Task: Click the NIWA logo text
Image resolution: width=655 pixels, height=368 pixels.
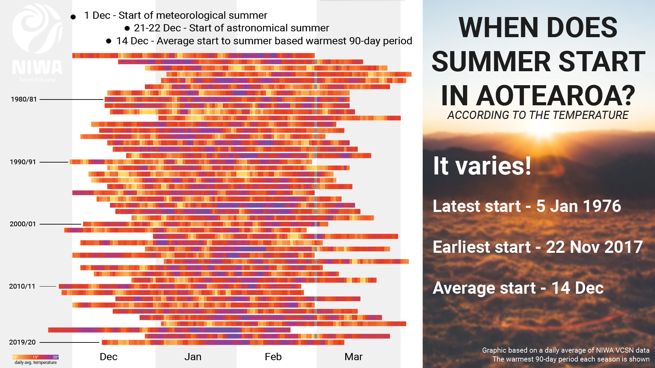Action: tap(37, 67)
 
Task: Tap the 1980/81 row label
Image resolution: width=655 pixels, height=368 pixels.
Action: tap(24, 99)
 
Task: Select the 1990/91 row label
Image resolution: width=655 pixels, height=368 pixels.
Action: tap(23, 162)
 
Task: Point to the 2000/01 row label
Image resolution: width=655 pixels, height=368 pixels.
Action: tap(23, 224)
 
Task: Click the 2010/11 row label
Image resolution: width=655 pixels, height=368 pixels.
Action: tap(22, 286)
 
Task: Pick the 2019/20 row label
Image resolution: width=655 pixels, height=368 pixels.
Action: tap(22, 342)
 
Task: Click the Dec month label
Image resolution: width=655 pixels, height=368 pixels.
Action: tap(108, 357)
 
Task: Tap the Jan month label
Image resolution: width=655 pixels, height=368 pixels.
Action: tap(193, 357)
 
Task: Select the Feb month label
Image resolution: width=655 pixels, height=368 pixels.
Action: tap(273, 357)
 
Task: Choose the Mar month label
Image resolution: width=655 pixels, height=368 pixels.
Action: tap(353, 357)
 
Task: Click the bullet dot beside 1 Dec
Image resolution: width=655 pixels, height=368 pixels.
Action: tap(73, 17)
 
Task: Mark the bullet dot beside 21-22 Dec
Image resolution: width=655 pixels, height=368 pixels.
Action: tap(127, 28)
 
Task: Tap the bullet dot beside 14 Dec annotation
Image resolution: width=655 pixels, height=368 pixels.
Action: tap(108, 41)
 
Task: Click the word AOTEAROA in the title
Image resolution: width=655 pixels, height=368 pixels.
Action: tap(555, 96)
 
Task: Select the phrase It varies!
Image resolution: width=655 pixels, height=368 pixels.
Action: tap(482, 166)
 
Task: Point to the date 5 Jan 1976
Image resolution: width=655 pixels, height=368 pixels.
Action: tap(578, 206)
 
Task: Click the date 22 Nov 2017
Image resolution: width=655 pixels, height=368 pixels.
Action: tap(594, 247)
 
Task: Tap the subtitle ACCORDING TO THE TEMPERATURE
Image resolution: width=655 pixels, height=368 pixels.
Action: tap(538, 115)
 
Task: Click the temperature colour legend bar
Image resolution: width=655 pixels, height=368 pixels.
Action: tap(35, 357)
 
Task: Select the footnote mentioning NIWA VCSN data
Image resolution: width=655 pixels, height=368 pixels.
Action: tap(565, 350)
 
